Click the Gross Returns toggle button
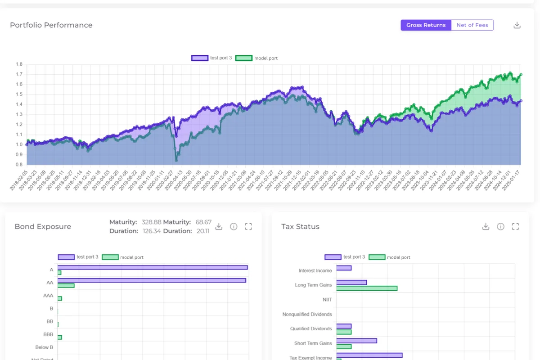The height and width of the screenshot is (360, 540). tap(426, 25)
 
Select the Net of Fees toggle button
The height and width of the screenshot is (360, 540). tap(472, 25)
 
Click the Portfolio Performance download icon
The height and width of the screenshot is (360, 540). tap(517, 25)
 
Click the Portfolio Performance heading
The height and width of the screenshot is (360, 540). tap(51, 25)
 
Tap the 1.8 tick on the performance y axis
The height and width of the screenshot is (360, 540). tap(19, 64)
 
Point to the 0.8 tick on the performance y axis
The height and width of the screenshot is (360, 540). tap(19, 165)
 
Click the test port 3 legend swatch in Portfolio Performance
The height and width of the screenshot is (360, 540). tap(200, 58)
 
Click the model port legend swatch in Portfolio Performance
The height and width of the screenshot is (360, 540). tap(243, 58)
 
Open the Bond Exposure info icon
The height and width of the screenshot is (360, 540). tap(234, 226)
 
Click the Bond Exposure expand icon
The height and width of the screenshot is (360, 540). tap(248, 226)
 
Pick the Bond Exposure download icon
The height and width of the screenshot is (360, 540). tap(219, 226)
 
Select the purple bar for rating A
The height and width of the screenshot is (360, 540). tap(153, 267)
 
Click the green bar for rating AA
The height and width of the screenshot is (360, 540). tap(66, 286)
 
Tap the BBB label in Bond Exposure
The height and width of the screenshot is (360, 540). tap(48, 335)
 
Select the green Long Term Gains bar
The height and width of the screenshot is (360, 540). tap(367, 288)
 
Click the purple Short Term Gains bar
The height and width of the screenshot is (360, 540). tap(356, 341)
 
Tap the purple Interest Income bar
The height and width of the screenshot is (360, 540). tap(344, 268)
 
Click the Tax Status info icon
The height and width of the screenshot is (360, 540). tap(500, 226)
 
